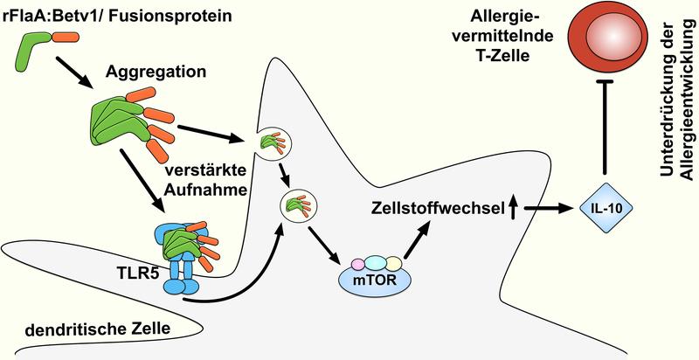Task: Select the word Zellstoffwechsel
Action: click(x=421, y=209)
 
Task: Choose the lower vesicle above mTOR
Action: click(x=293, y=206)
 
